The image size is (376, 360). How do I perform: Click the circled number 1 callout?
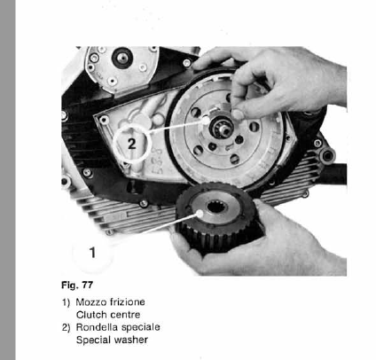point(93,252)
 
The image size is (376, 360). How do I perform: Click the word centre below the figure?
point(122,314)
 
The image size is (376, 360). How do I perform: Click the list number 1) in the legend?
point(66,302)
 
